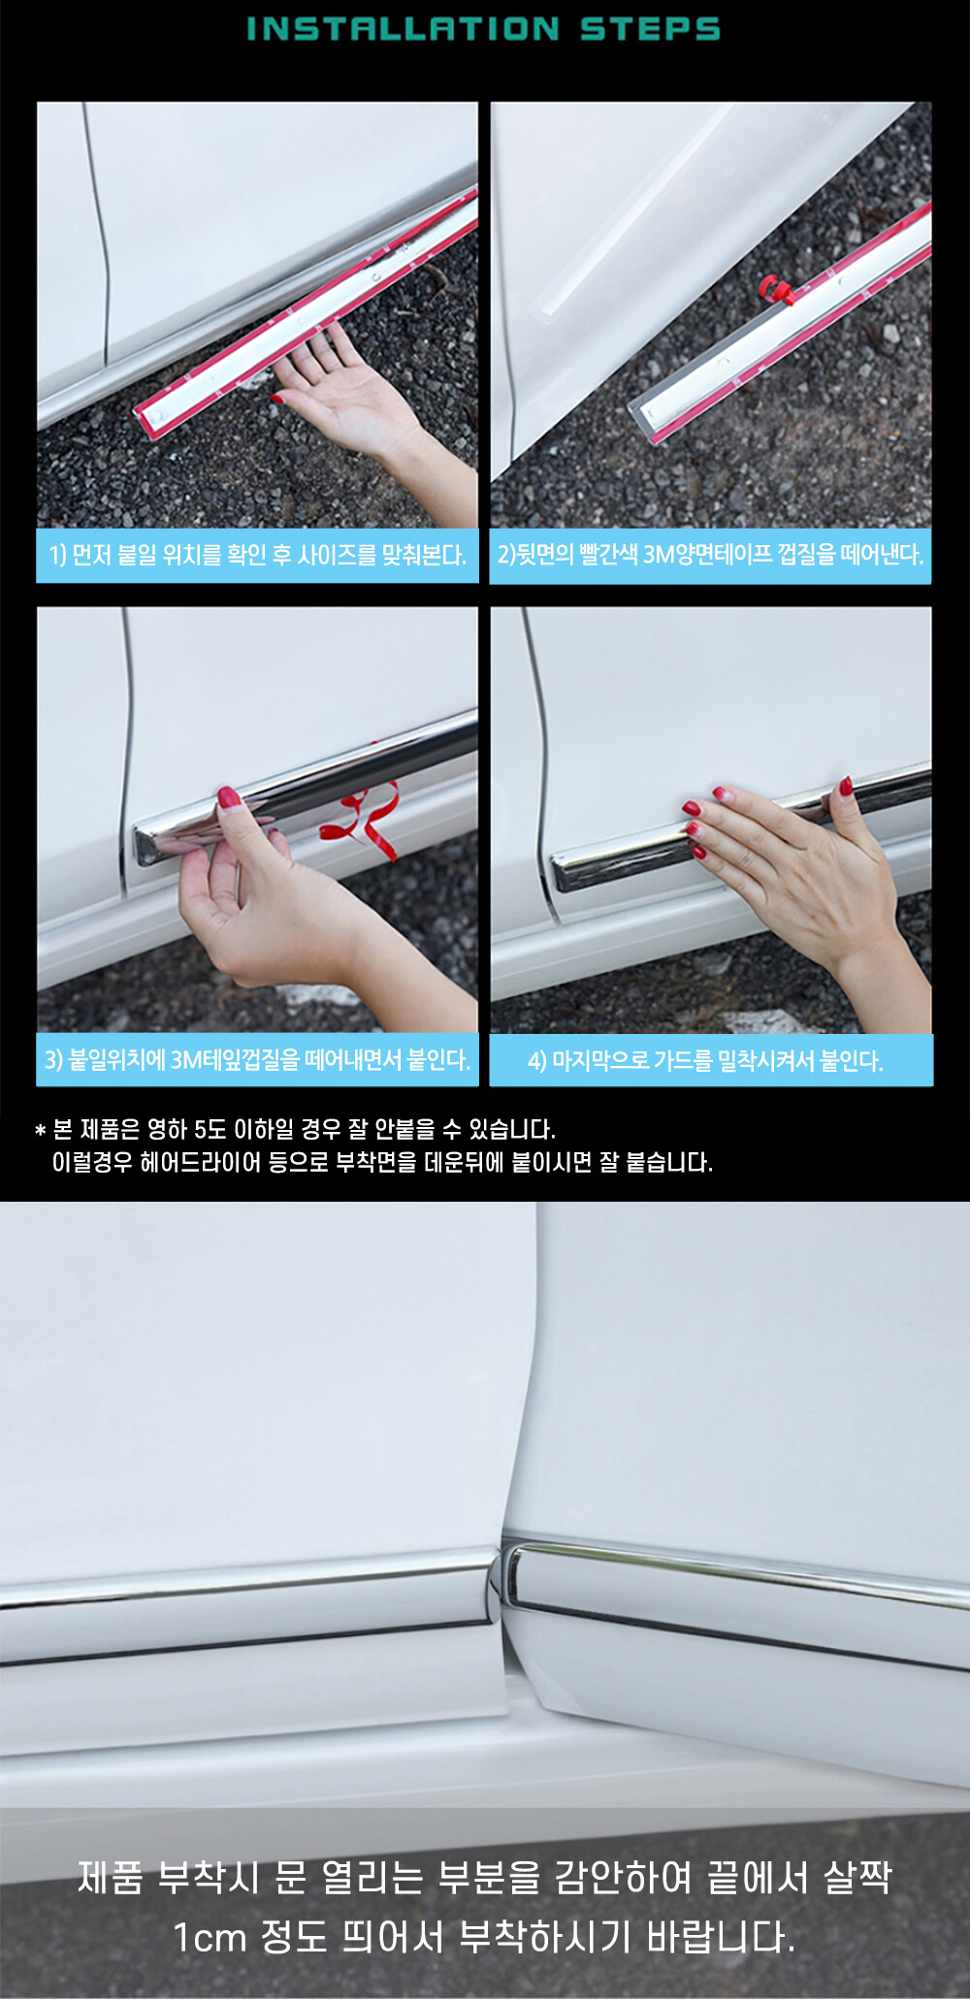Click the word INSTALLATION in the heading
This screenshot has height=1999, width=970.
(x=403, y=28)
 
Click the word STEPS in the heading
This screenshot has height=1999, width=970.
(x=650, y=28)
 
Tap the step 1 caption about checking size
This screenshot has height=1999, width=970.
(x=258, y=555)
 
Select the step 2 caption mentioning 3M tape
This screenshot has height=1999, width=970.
(x=710, y=554)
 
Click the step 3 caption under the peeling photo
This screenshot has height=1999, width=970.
(x=258, y=1059)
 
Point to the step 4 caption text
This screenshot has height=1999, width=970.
(x=705, y=1060)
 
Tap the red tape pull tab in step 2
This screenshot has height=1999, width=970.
(x=776, y=288)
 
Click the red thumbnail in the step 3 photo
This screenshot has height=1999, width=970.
(x=229, y=798)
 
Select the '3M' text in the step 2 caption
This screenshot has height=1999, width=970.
(x=659, y=554)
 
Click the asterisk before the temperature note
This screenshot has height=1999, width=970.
(x=40, y=1130)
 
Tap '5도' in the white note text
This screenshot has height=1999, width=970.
(x=210, y=1129)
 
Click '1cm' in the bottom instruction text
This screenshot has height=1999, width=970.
(x=210, y=1938)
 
